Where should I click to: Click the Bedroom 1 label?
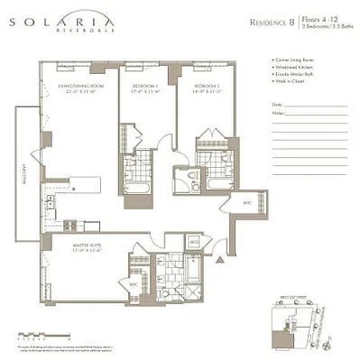[137, 88]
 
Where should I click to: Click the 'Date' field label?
[276, 105]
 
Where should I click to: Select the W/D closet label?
[193, 242]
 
